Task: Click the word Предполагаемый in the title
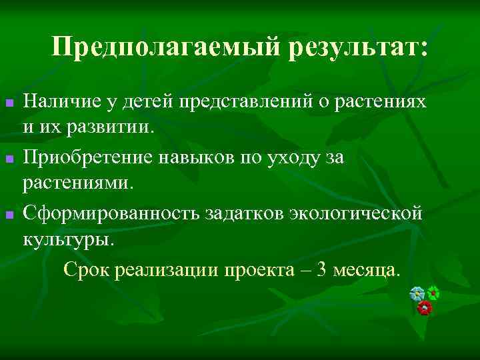[166, 47]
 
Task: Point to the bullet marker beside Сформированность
[9, 215]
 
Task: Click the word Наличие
[58, 101]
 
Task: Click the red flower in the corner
[424, 308]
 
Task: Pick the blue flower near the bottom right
[417, 293]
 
